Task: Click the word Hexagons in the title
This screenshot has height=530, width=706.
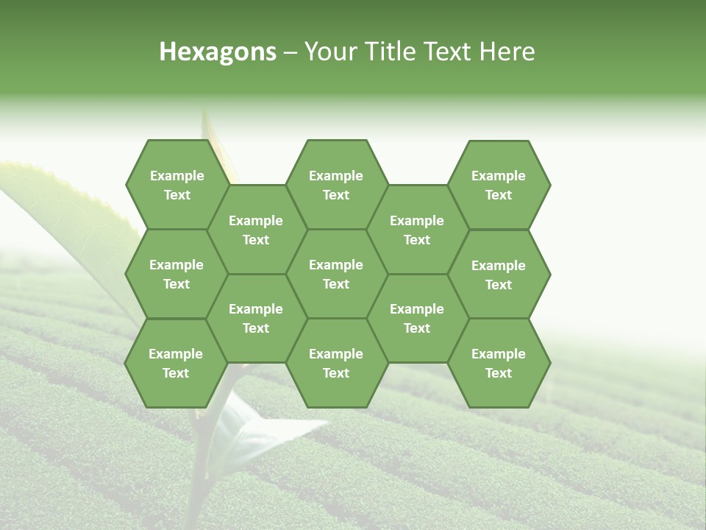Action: click(x=218, y=52)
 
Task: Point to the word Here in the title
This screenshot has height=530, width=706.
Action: click(x=507, y=52)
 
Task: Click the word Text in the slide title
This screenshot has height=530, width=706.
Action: click(x=449, y=52)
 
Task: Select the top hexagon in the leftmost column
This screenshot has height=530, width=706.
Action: click(x=176, y=185)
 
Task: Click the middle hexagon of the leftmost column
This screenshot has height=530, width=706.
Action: click(x=176, y=274)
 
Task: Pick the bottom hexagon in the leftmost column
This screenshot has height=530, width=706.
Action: click(x=176, y=363)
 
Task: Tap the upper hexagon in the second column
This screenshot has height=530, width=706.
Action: click(x=256, y=230)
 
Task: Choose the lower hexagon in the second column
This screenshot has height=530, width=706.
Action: click(x=256, y=318)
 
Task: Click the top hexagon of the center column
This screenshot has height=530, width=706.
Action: click(x=336, y=185)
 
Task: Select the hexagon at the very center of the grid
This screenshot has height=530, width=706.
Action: click(x=336, y=274)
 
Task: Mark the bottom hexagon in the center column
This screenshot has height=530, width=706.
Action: click(x=336, y=363)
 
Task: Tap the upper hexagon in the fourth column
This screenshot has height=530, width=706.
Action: click(x=417, y=230)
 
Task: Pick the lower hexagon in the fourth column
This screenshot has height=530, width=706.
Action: click(x=417, y=318)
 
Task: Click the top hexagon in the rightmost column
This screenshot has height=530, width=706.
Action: click(x=499, y=185)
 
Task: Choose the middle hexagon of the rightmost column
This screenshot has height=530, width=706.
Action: click(x=499, y=275)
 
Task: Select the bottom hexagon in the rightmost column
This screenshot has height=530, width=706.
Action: click(x=499, y=363)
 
